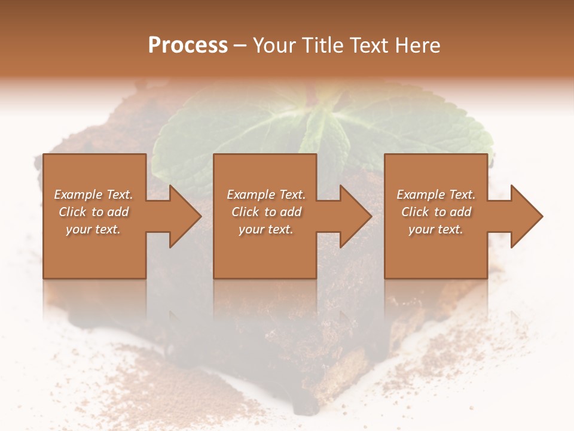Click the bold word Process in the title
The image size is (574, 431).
[x=188, y=45]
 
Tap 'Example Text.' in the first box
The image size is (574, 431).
[x=93, y=195]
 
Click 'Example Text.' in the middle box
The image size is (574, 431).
[x=266, y=195]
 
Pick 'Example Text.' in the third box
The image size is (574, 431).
[x=436, y=195]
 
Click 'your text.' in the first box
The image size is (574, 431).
[x=93, y=229]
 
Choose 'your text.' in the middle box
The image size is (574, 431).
[x=266, y=229]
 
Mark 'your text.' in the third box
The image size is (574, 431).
[x=436, y=229]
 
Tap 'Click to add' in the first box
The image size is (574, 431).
[x=93, y=212]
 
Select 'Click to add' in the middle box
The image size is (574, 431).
[x=266, y=212]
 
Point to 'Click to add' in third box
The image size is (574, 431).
[x=436, y=212]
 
